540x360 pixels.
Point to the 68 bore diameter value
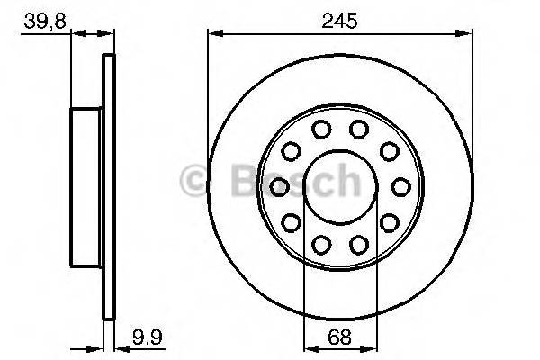(339, 339)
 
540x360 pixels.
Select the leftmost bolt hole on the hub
(278, 186)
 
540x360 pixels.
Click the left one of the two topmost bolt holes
(320, 129)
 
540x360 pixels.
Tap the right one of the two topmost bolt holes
(358, 129)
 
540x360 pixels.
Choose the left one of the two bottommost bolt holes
(320, 243)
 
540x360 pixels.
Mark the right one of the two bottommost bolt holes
(358, 243)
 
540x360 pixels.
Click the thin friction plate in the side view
(110, 186)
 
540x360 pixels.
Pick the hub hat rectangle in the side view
(87, 186)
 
